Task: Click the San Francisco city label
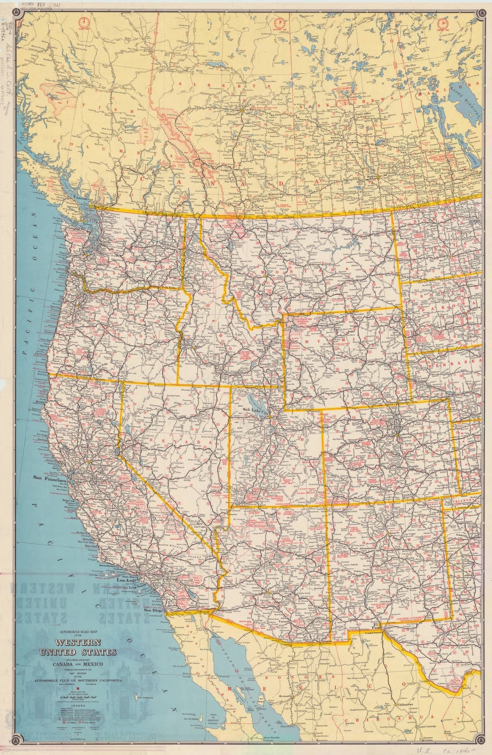tap(51, 477)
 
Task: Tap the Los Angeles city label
tap(128, 580)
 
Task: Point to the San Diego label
tap(154, 610)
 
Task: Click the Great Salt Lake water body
tap(252, 399)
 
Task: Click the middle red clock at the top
tap(280, 23)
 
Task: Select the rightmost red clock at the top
tap(443, 23)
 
